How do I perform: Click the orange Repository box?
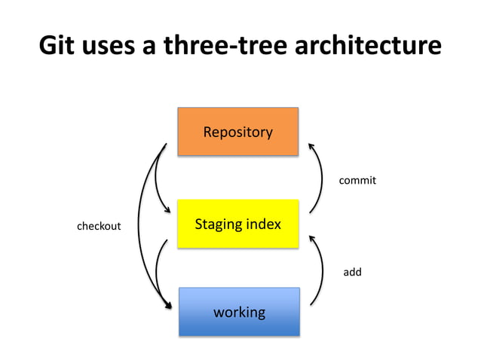pos(238,132)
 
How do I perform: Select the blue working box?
pos(239,311)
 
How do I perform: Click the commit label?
pos(357,181)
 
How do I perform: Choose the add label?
pos(352,271)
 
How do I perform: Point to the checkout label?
pos(100,225)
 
